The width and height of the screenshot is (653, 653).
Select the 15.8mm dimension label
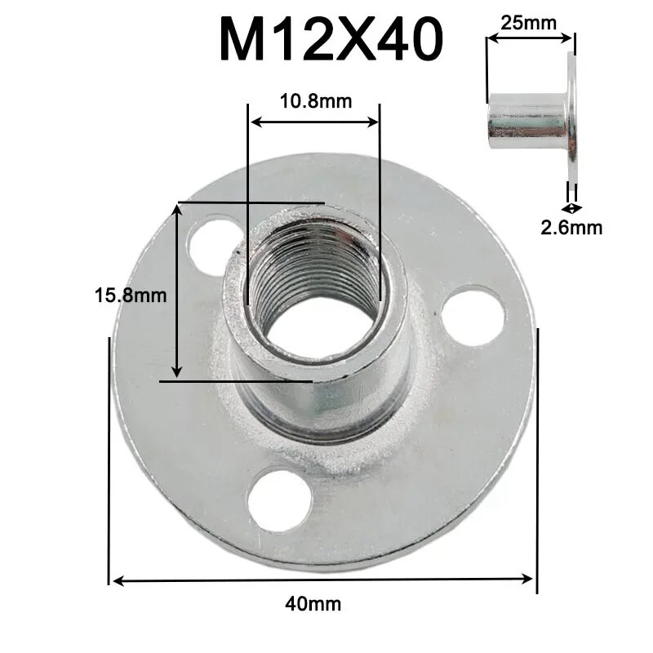click(131, 295)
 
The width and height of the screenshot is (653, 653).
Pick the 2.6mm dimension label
click(571, 228)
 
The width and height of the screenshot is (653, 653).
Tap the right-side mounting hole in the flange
click(474, 315)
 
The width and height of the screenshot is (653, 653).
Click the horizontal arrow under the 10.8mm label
click(315, 122)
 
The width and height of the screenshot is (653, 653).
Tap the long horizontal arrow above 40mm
click(322, 580)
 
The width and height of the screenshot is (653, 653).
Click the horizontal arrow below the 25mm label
click(530, 37)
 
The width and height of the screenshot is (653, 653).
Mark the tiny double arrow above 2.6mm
click(571, 208)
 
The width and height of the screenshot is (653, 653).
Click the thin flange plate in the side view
click(571, 122)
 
